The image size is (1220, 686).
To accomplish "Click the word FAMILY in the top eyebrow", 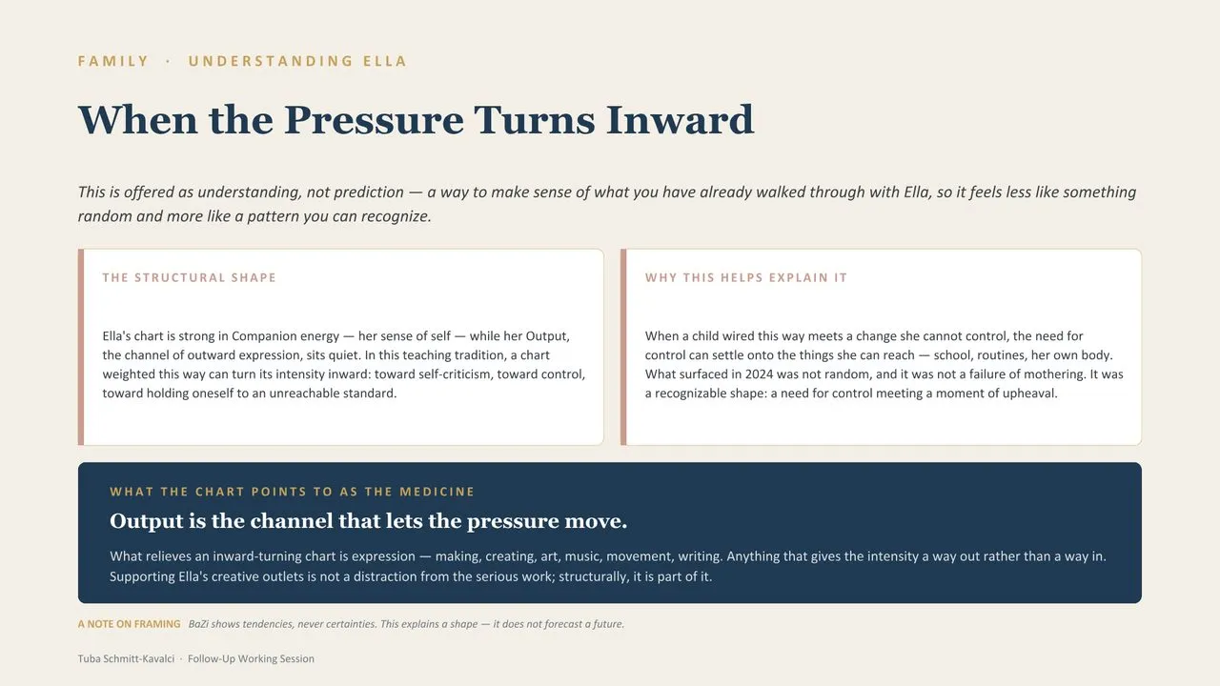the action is click(113, 61).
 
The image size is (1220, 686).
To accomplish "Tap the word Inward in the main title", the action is click(680, 120).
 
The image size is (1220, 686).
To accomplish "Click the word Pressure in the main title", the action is click(374, 120).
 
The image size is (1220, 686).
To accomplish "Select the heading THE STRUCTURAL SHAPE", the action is click(189, 277).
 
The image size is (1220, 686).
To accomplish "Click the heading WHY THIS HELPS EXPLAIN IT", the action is click(746, 277).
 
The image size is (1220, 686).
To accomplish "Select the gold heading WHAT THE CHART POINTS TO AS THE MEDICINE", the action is click(292, 492).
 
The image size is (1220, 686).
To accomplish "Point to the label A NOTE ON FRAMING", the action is click(129, 624).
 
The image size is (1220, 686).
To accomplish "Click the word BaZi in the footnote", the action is click(198, 624).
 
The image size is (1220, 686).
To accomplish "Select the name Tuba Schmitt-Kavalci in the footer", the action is click(126, 658).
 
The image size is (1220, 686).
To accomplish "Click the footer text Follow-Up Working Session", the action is click(251, 658).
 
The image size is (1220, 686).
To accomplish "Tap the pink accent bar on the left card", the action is click(81, 348).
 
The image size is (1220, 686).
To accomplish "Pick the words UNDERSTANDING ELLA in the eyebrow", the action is click(297, 61).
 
